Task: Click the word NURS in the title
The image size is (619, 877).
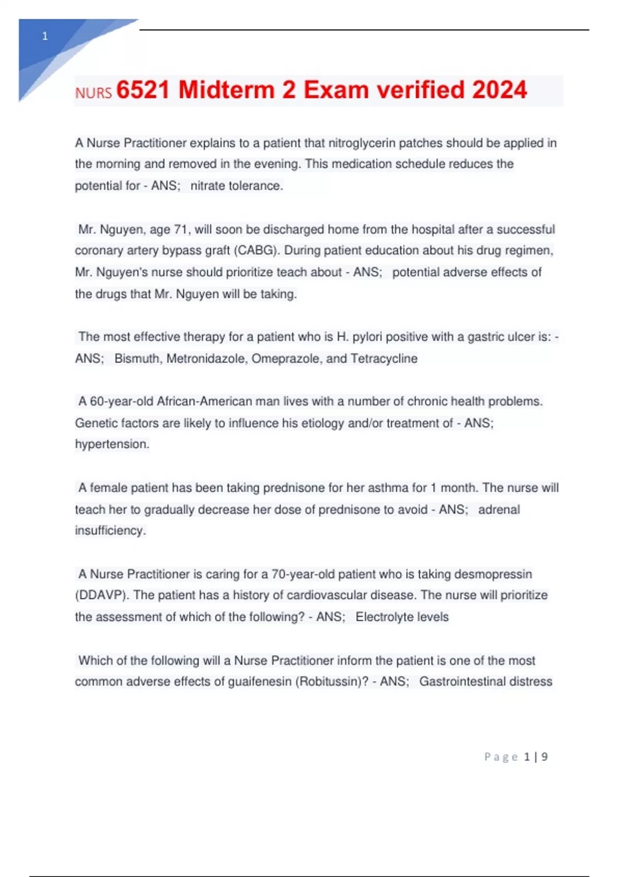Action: [x=93, y=93]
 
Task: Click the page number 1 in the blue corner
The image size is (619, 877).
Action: [x=45, y=36]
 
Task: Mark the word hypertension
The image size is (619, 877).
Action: [x=112, y=444]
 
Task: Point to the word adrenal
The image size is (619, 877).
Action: [x=499, y=510]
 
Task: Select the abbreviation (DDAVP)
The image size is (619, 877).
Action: [x=101, y=595]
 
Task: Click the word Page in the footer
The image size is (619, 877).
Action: [x=501, y=757]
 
